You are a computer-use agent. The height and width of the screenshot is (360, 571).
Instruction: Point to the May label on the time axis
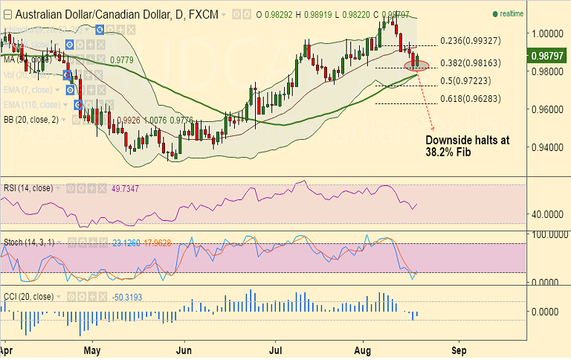click(x=92, y=348)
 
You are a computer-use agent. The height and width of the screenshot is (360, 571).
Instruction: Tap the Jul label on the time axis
click(x=277, y=348)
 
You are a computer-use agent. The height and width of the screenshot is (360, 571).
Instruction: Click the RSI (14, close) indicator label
click(x=28, y=188)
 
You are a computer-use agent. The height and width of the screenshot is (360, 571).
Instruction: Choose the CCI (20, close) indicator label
click(x=28, y=297)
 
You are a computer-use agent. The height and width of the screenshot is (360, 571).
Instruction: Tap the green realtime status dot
click(x=495, y=14)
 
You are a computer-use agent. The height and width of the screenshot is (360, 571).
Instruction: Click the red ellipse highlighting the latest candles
click(x=416, y=65)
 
